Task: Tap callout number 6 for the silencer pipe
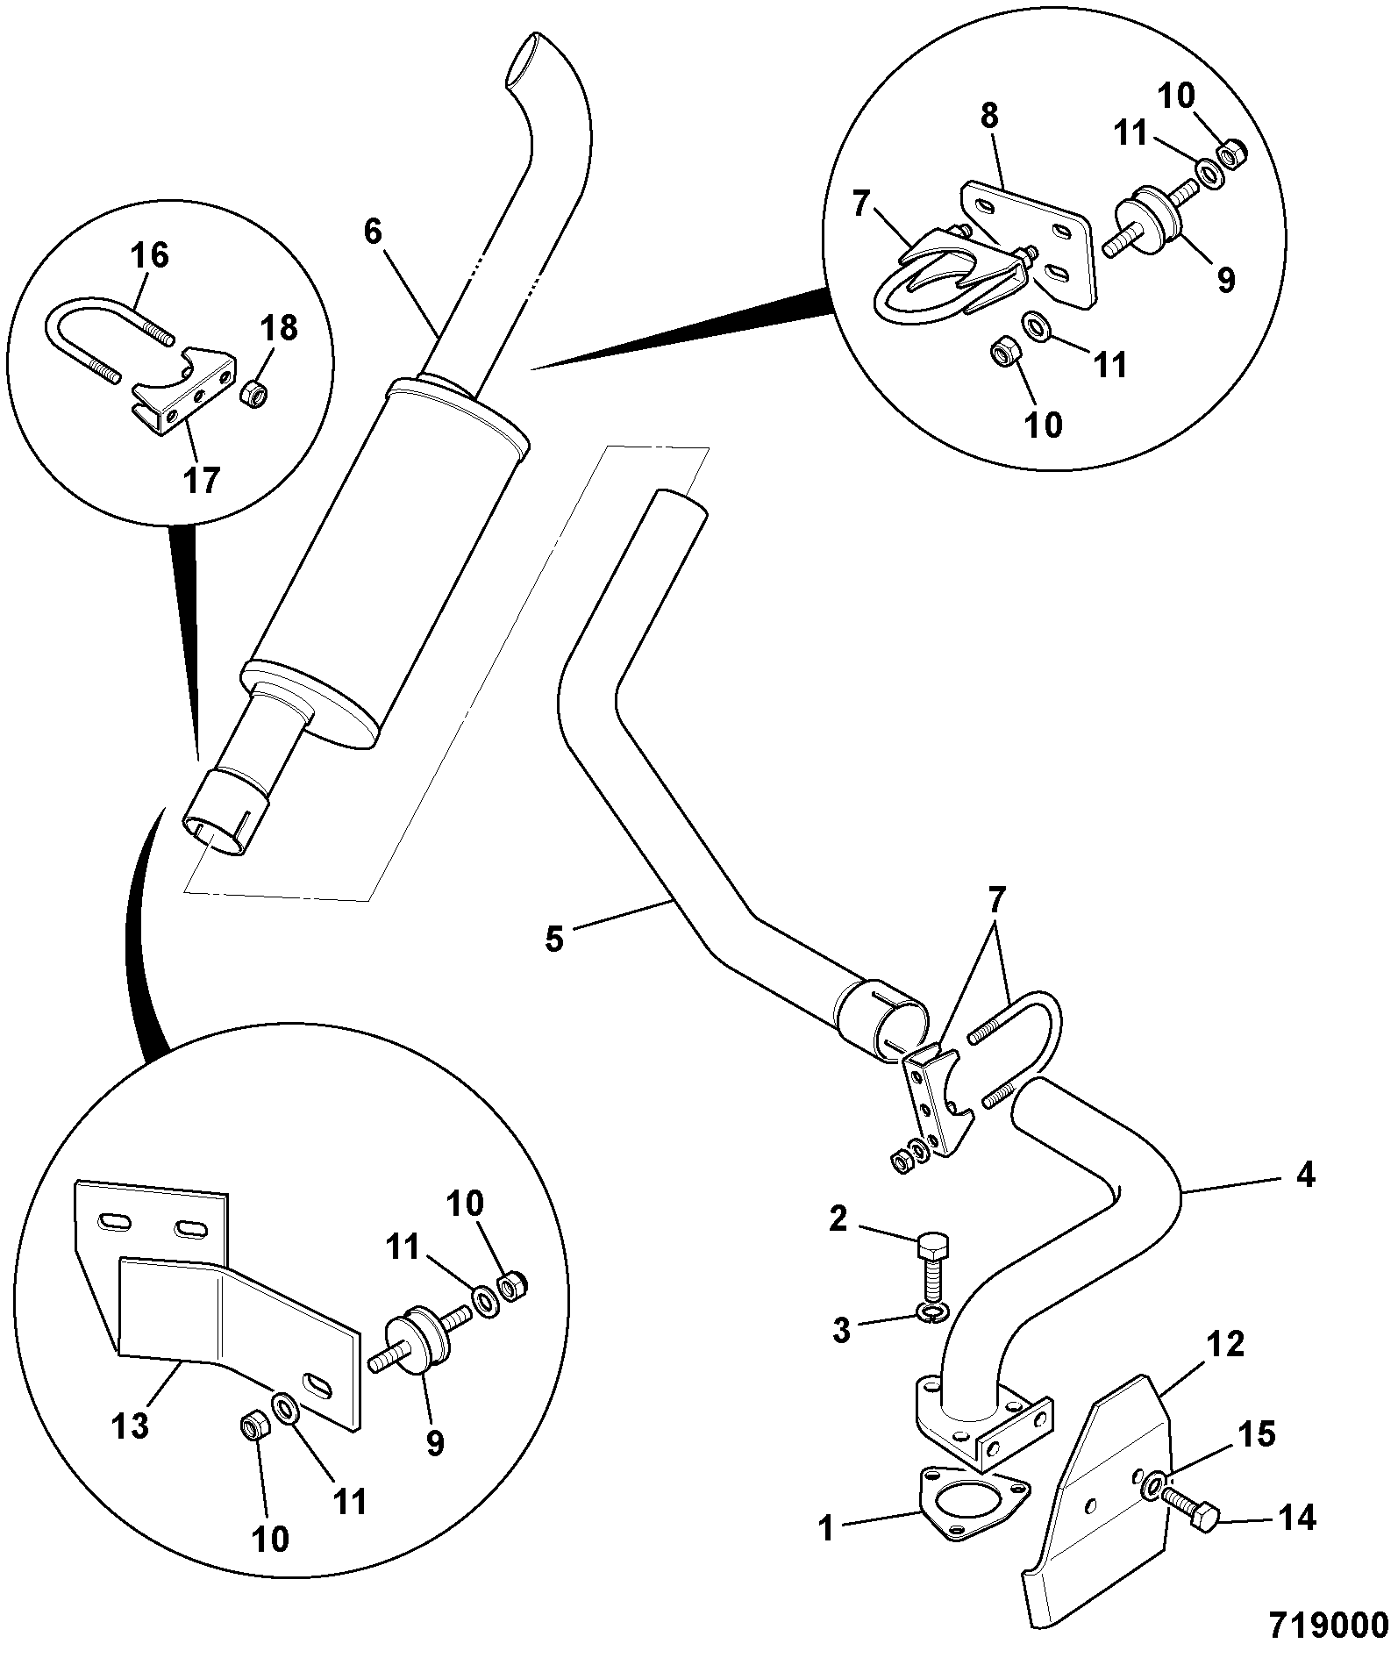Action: click(373, 232)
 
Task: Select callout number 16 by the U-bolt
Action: click(149, 256)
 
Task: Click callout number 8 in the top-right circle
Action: click(989, 117)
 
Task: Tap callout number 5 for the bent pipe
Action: click(554, 938)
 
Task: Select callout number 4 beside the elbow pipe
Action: click(1305, 1174)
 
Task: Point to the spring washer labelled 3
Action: click(930, 1312)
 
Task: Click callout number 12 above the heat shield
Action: click(1226, 1344)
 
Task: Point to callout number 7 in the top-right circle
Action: click(859, 207)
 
